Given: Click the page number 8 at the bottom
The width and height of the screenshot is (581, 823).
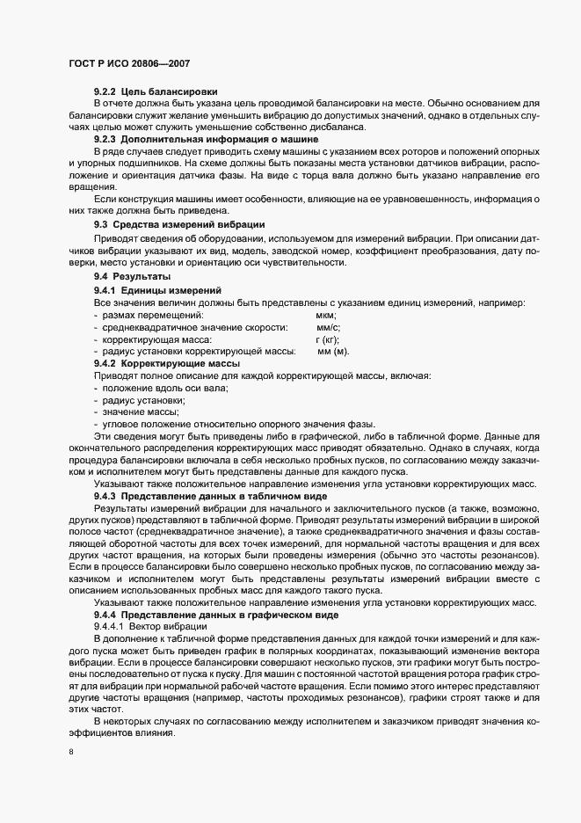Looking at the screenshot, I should tap(69, 752).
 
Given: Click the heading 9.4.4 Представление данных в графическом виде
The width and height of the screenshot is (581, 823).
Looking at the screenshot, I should tap(215, 615).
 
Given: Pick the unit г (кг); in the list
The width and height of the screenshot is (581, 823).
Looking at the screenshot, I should tap(327, 339).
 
